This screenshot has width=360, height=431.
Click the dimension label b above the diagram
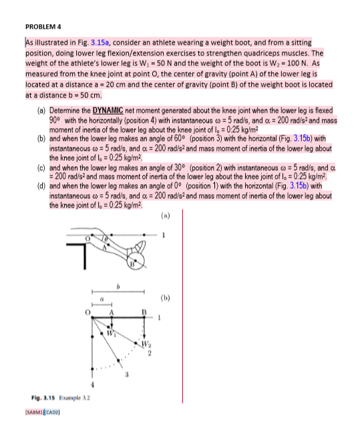118,286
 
